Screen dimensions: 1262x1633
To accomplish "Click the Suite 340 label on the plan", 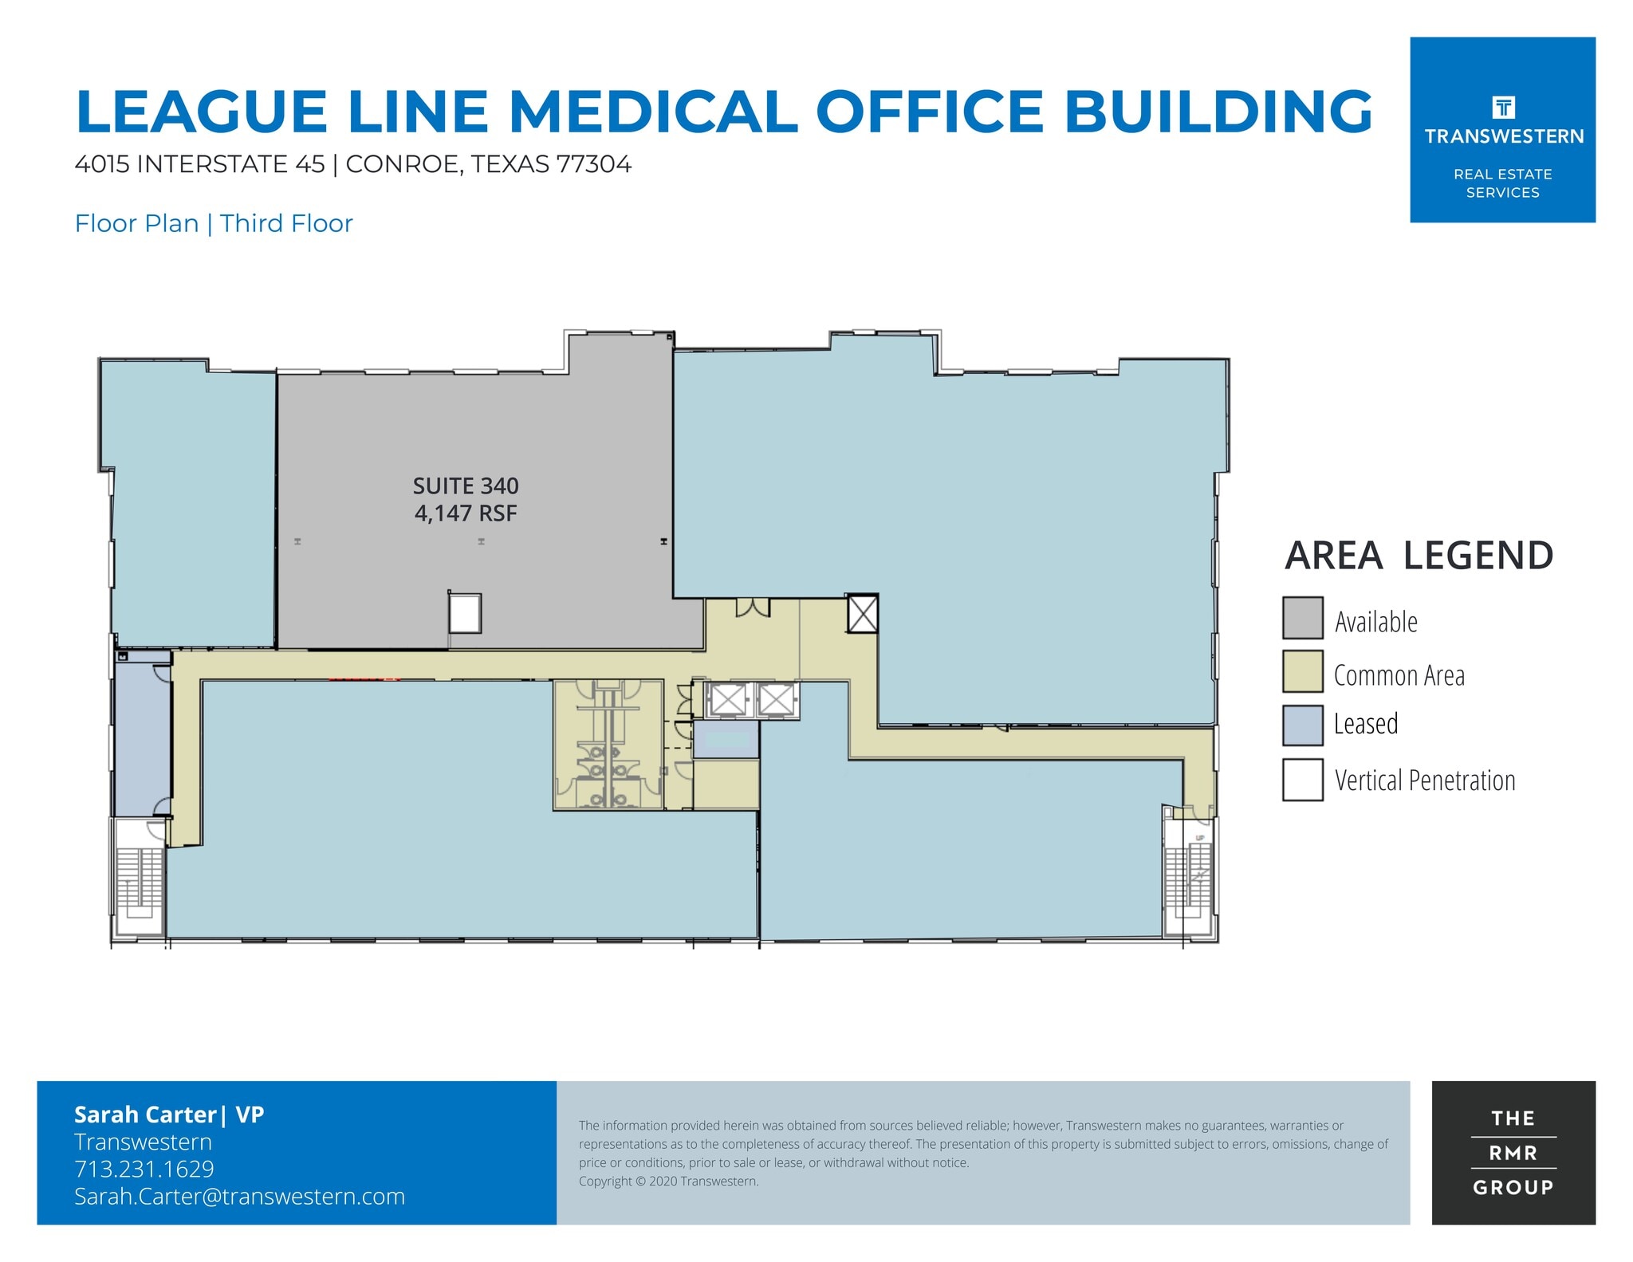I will point(465,486).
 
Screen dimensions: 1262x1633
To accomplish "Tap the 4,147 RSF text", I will point(465,513).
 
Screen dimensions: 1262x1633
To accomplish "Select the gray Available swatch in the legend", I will point(1302,618).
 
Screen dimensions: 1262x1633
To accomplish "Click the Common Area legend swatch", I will point(1302,671).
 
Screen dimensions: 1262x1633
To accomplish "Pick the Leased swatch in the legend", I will point(1302,725).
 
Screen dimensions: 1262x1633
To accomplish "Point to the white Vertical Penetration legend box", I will point(1302,779).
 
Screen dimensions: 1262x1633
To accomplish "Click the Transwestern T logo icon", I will point(1503,107).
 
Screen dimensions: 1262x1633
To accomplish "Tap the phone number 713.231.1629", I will point(144,1169).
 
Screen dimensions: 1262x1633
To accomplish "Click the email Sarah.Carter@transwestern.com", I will point(239,1197).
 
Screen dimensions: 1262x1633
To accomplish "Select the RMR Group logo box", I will point(1513,1152).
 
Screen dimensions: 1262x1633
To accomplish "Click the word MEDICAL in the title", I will point(653,111).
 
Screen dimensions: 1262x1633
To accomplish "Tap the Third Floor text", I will point(286,223).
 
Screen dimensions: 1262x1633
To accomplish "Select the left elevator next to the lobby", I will point(727,700).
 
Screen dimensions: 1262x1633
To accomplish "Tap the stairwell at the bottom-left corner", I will point(140,881).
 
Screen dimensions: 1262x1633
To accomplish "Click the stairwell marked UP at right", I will point(1189,877).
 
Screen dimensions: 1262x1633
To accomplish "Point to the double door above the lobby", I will point(752,608).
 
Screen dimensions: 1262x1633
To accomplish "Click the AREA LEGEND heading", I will point(1419,556).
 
